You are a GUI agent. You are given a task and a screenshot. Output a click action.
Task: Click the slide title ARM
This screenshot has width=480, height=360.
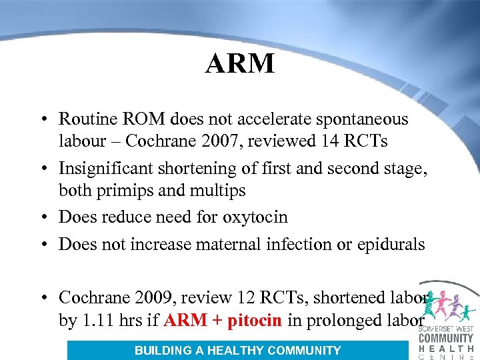tap(240, 63)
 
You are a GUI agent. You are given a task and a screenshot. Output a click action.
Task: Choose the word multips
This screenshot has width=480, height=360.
tap(219, 191)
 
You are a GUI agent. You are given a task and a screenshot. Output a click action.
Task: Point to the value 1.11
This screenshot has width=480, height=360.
tap(98, 320)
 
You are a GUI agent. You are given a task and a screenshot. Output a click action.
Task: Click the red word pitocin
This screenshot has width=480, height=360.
tap(257, 320)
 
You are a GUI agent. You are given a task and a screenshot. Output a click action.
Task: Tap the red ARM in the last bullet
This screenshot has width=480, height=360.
tap(185, 320)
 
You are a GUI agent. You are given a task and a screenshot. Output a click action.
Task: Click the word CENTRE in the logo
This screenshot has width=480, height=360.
tap(446, 356)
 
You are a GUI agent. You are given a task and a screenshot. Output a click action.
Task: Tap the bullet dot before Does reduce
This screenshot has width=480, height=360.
tap(41, 218)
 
